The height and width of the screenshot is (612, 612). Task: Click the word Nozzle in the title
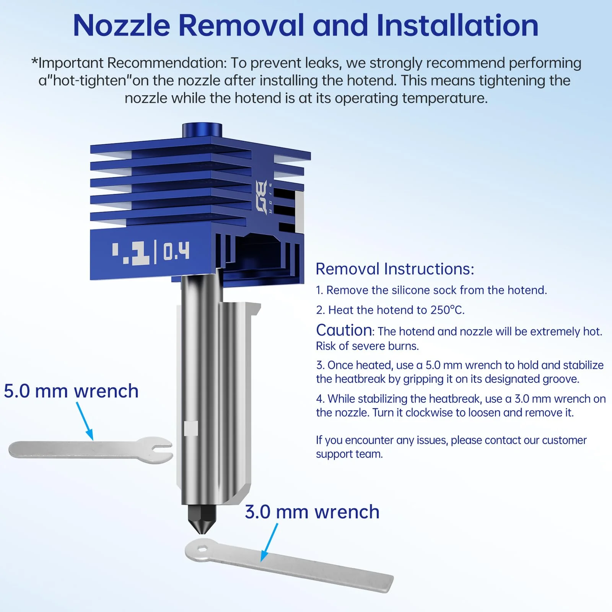click(x=122, y=25)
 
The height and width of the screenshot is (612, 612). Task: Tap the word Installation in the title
click(x=457, y=25)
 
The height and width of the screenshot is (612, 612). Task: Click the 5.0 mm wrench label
click(x=71, y=391)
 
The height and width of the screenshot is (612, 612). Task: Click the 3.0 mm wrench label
click(x=312, y=512)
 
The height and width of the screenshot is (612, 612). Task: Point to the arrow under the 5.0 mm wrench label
click(x=85, y=421)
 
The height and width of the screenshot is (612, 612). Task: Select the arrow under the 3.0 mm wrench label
click(x=269, y=542)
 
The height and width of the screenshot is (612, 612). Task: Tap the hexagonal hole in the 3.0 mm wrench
click(x=202, y=550)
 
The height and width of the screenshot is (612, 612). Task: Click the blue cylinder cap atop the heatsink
click(x=202, y=130)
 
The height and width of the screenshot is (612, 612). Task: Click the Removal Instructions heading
click(x=395, y=269)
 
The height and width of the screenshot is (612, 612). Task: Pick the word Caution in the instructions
click(x=344, y=330)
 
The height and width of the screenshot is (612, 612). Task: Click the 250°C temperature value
click(x=447, y=310)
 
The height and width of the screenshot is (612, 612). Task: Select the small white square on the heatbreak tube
click(x=191, y=429)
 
